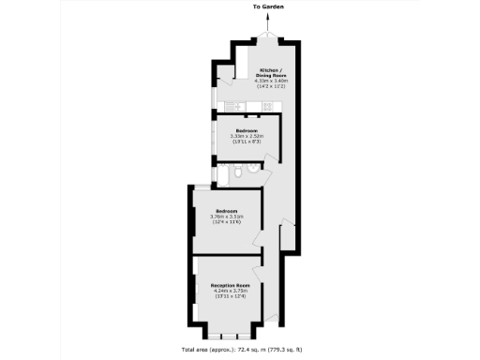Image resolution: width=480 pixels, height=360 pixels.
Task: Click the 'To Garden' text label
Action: [x=267, y=7]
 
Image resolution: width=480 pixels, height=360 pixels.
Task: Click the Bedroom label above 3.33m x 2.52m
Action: [x=247, y=129]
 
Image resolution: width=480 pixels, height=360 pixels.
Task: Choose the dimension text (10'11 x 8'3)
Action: [x=247, y=142]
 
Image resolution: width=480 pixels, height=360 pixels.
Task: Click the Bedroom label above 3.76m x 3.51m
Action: [x=225, y=211]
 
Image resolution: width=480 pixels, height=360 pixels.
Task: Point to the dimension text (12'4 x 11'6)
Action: [x=225, y=223]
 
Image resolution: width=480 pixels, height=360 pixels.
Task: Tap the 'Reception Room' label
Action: [x=230, y=285]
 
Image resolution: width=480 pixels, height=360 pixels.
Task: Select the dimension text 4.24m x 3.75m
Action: [x=230, y=292]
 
